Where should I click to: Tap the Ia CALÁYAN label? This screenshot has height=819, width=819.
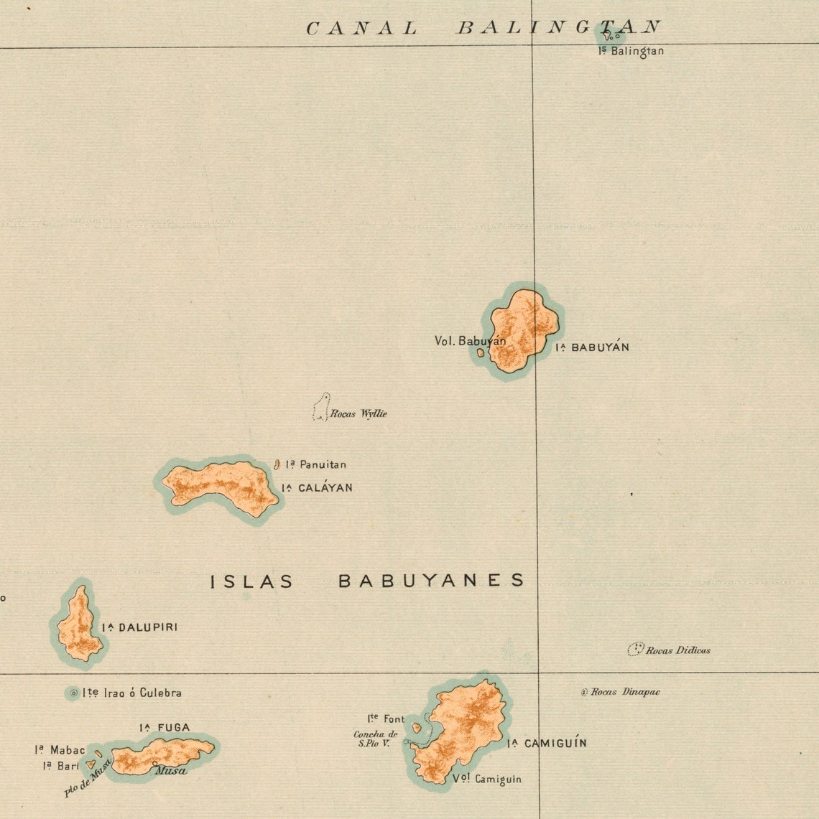317,488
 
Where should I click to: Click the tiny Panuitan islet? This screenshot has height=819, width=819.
277,465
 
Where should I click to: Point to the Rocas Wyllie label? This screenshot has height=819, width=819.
358,414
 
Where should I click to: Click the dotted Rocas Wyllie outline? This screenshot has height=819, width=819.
321,408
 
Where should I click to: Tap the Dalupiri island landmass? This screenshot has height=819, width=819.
78,625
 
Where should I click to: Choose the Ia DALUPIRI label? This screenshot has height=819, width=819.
139,627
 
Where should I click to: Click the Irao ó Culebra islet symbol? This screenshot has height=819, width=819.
73,693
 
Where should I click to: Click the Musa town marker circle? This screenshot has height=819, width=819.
154,764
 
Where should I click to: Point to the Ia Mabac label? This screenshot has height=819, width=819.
60,750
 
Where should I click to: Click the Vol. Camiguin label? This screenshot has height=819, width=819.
487,780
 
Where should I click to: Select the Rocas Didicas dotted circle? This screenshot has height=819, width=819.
636,650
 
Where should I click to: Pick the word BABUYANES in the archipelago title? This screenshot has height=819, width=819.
431,581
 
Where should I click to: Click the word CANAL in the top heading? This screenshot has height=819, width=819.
361,29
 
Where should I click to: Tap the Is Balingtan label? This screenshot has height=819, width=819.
631,52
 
